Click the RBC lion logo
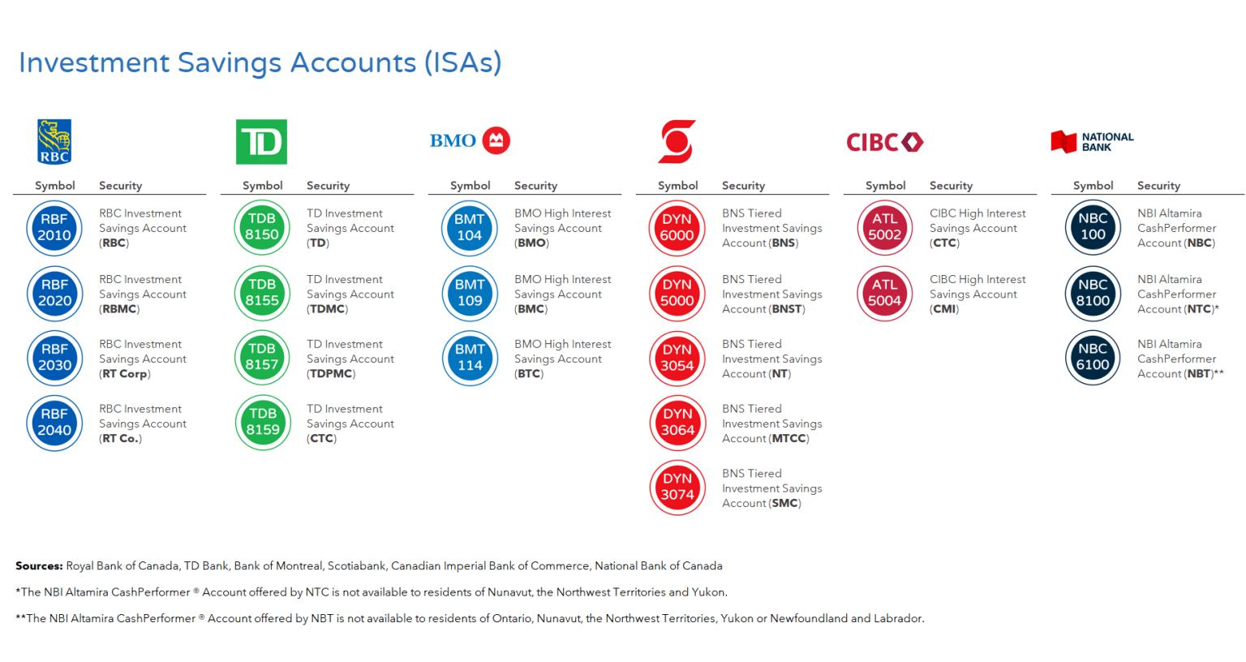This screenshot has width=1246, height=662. (x=54, y=141)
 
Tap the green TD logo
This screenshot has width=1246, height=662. (x=261, y=142)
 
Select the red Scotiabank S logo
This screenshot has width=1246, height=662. (x=677, y=141)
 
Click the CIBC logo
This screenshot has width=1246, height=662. (x=884, y=142)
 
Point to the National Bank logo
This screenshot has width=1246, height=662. (x=1092, y=142)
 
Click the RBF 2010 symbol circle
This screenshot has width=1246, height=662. (x=54, y=227)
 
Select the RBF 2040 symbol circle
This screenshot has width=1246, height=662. (x=54, y=423)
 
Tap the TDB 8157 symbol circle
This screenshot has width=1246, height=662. (x=262, y=357)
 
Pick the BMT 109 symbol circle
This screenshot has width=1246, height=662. (x=470, y=293)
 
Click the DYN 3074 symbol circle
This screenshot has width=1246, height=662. (x=677, y=488)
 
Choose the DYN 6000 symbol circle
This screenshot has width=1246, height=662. (x=677, y=227)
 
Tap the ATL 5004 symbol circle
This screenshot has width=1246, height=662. (x=884, y=293)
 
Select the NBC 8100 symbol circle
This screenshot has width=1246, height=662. (x=1093, y=293)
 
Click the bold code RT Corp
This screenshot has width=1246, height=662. (x=125, y=374)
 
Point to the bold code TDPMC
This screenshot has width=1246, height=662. (x=331, y=374)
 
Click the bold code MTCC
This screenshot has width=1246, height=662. (x=788, y=438)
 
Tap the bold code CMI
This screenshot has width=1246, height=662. (x=944, y=309)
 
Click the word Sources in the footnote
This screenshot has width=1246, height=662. (x=39, y=565)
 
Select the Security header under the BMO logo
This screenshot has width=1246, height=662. (x=535, y=186)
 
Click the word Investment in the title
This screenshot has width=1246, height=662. (x=94, y=62)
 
